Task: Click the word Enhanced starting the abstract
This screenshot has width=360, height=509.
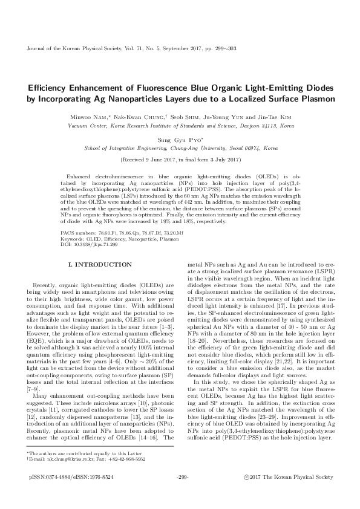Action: tap(83, 175)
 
